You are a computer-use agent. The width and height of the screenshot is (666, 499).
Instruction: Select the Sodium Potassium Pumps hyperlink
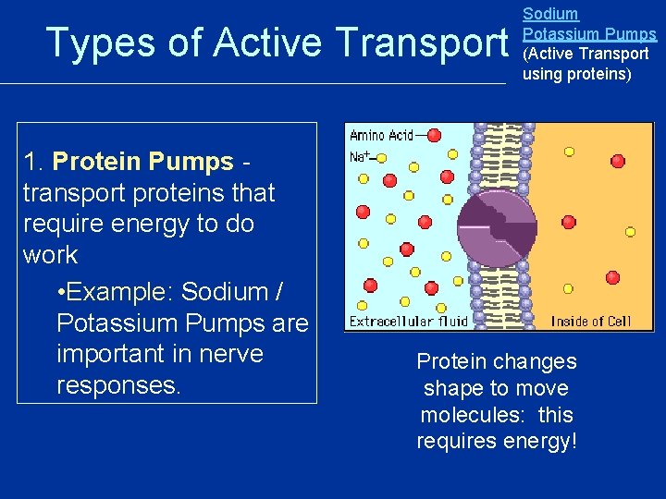[589, 24]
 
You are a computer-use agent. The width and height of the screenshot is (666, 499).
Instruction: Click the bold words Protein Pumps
[143, 162]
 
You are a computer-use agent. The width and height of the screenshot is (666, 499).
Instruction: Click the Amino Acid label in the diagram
[380, 136]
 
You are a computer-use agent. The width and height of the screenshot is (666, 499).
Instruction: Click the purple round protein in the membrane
[497, 225]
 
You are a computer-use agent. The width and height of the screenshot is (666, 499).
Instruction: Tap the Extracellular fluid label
[408, 322]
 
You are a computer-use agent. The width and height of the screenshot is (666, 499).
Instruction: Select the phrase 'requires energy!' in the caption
[496, 442]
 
